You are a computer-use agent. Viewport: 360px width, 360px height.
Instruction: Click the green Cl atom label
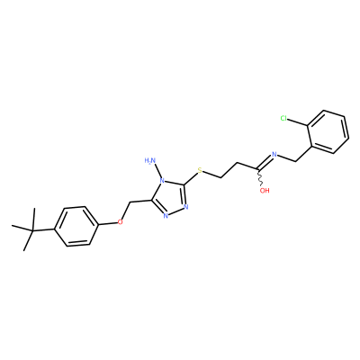click(x=284, y=118)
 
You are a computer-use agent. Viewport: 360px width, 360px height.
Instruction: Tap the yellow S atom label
click(x=200, y=171)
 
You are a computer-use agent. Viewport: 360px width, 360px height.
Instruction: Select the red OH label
click(x=265, y=191)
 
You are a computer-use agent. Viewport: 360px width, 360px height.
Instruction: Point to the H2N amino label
click(x=150, y=160)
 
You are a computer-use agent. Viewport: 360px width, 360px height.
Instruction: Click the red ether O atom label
click(x=121, y=222)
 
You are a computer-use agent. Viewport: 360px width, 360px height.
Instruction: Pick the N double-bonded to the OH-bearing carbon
click(x=274, y=155)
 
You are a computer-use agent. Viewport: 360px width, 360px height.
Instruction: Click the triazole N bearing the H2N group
click(x=162, y=181)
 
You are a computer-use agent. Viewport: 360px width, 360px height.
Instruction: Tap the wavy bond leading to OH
click(x=260, y=178)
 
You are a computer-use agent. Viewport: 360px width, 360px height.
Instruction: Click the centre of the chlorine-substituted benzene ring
click(x=328, y=132)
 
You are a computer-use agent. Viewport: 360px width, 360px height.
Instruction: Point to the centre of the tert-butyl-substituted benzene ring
click(x=76, y=226)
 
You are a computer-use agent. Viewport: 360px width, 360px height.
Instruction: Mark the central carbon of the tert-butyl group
click(x=32, y=230)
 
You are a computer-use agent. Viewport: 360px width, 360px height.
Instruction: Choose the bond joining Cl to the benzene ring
click(x=298, y=121)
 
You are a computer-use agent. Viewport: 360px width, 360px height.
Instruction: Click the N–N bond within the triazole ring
click(x=176, y=211)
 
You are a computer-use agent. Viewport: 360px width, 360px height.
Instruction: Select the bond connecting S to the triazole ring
click(x=191, y=178)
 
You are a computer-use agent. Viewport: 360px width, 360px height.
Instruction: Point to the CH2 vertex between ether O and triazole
click(x=130, y=202)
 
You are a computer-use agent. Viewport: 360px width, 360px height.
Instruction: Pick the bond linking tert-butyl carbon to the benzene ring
click(x=43, y=230)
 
